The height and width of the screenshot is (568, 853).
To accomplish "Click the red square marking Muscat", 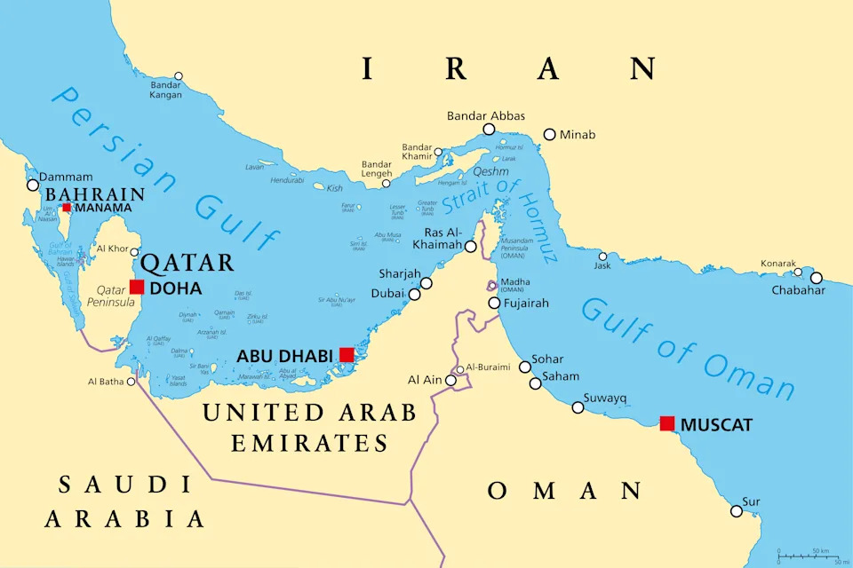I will tap(667, 423).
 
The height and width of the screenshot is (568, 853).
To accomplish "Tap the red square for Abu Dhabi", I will tap(347, 355).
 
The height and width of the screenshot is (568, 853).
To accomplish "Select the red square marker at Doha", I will tap(137, 287).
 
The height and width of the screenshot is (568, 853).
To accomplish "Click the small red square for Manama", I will tap(67, 208).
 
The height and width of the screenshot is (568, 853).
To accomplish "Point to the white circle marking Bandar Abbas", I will tap(489, 130).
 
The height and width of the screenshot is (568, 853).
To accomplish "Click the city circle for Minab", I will tap(550, 135).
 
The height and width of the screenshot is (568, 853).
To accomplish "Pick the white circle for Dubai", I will tap(414, 294).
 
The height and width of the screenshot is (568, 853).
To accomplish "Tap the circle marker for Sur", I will tap(737, 511).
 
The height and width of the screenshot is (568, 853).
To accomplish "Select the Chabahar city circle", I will tap(817, 277).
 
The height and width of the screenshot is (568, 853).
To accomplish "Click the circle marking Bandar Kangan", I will tap(179, 76).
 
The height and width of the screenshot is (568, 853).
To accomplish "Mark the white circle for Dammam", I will tap(33, 185).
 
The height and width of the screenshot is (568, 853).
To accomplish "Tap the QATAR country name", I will tap(187, 263).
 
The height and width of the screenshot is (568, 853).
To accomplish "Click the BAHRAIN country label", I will tap(95, 194).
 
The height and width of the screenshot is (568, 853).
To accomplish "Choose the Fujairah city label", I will tap(525, 304).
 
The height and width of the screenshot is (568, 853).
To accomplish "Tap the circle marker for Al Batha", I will tap(132, 382).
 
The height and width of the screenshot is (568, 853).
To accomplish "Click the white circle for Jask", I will tap(602, 256).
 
